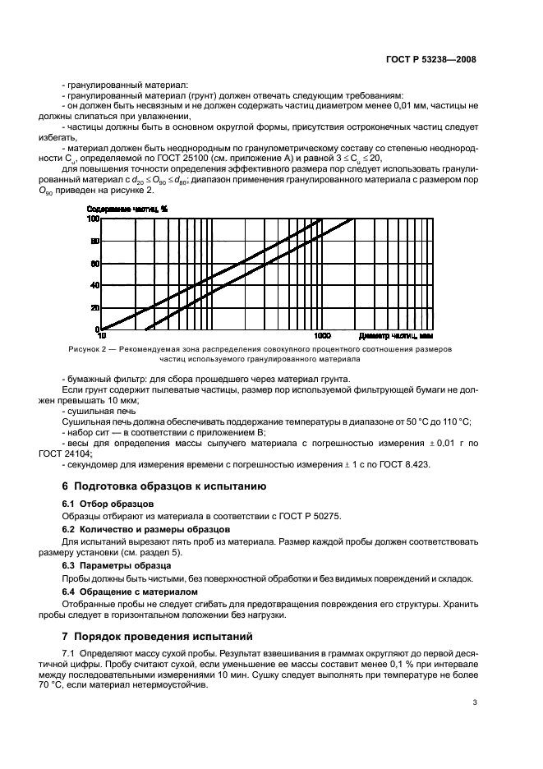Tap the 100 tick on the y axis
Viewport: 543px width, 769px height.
tap(93, 219)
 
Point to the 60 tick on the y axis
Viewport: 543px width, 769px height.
tap(94, 263)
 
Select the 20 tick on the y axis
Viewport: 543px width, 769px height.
tap(94, 308)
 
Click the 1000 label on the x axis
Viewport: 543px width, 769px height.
tap(323, 336)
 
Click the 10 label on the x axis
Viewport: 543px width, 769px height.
tap(101, 336)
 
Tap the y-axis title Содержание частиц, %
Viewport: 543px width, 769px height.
tap(127, 209)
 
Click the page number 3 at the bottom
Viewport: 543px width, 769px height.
tap(475, 702)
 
